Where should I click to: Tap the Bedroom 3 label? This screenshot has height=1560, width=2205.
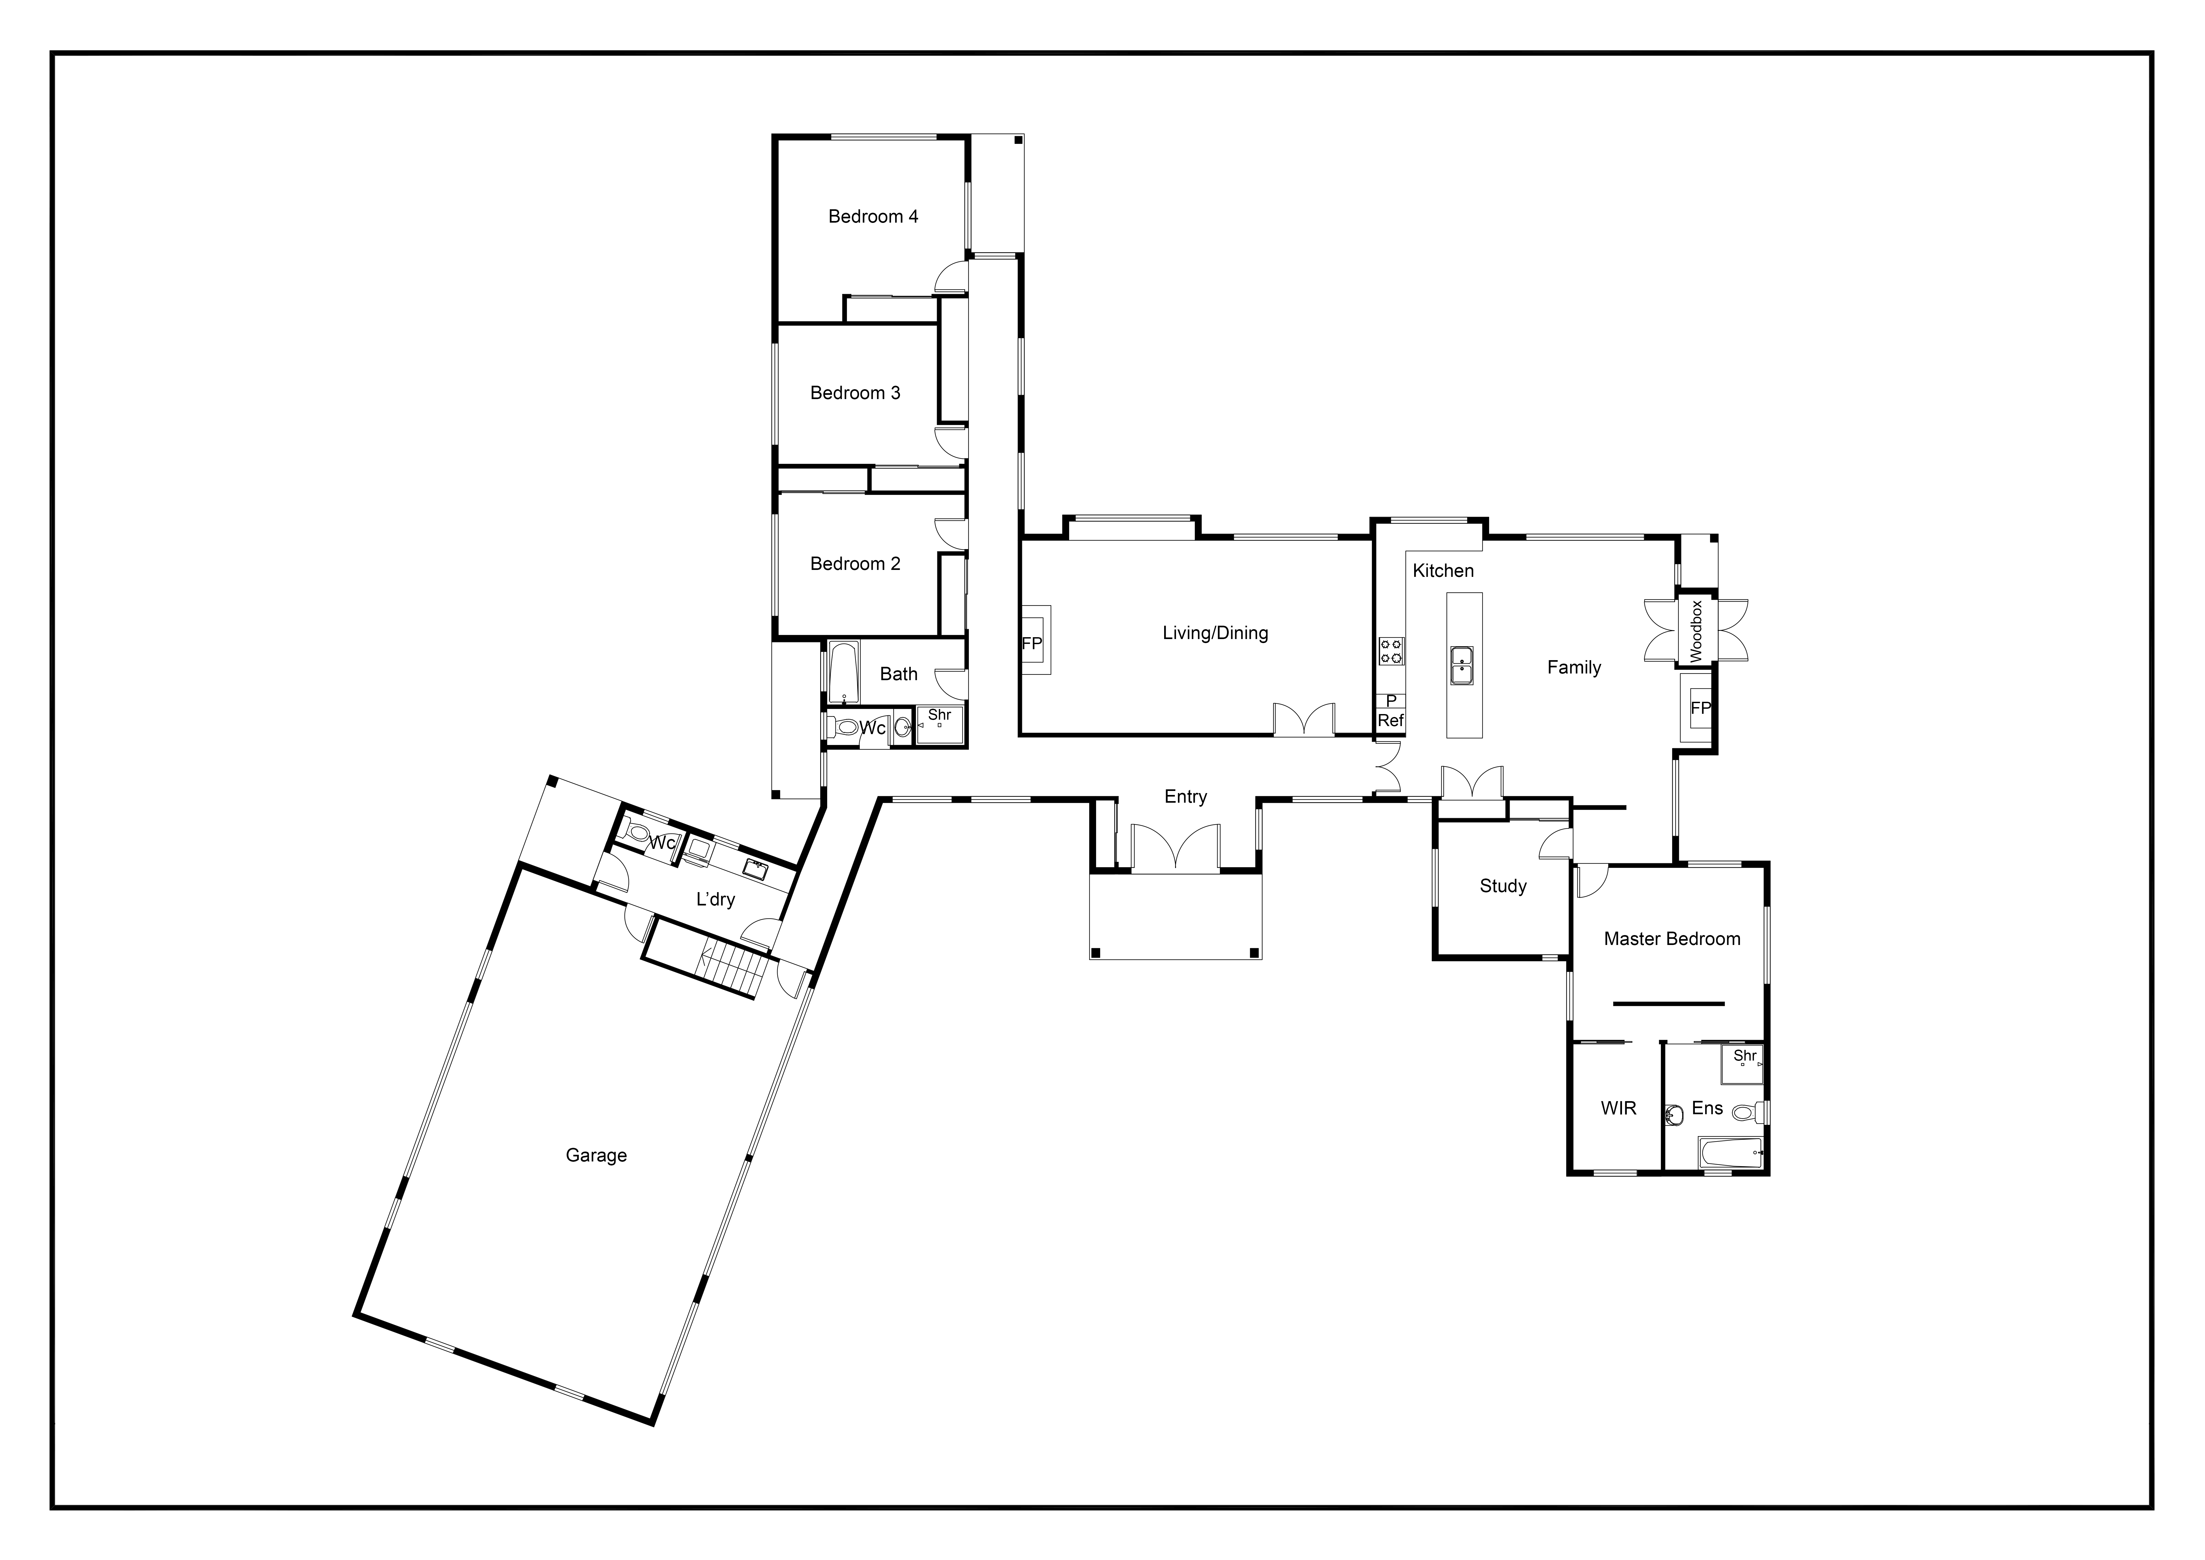855,393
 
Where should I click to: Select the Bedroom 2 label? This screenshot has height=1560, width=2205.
855,564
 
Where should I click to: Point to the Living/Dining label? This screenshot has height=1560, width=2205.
1215,633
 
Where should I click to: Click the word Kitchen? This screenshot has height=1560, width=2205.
1442,571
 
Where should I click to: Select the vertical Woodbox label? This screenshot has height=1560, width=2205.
1695,631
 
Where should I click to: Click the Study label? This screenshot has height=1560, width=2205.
1503,887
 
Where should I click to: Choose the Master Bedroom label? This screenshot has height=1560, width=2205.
1672,939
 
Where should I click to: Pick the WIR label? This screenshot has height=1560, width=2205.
1618,1109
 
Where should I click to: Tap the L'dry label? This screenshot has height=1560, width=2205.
715,900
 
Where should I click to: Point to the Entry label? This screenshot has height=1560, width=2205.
1185,796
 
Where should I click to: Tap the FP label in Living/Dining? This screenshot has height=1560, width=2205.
1032,644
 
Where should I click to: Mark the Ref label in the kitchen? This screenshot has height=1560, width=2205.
1391,720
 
